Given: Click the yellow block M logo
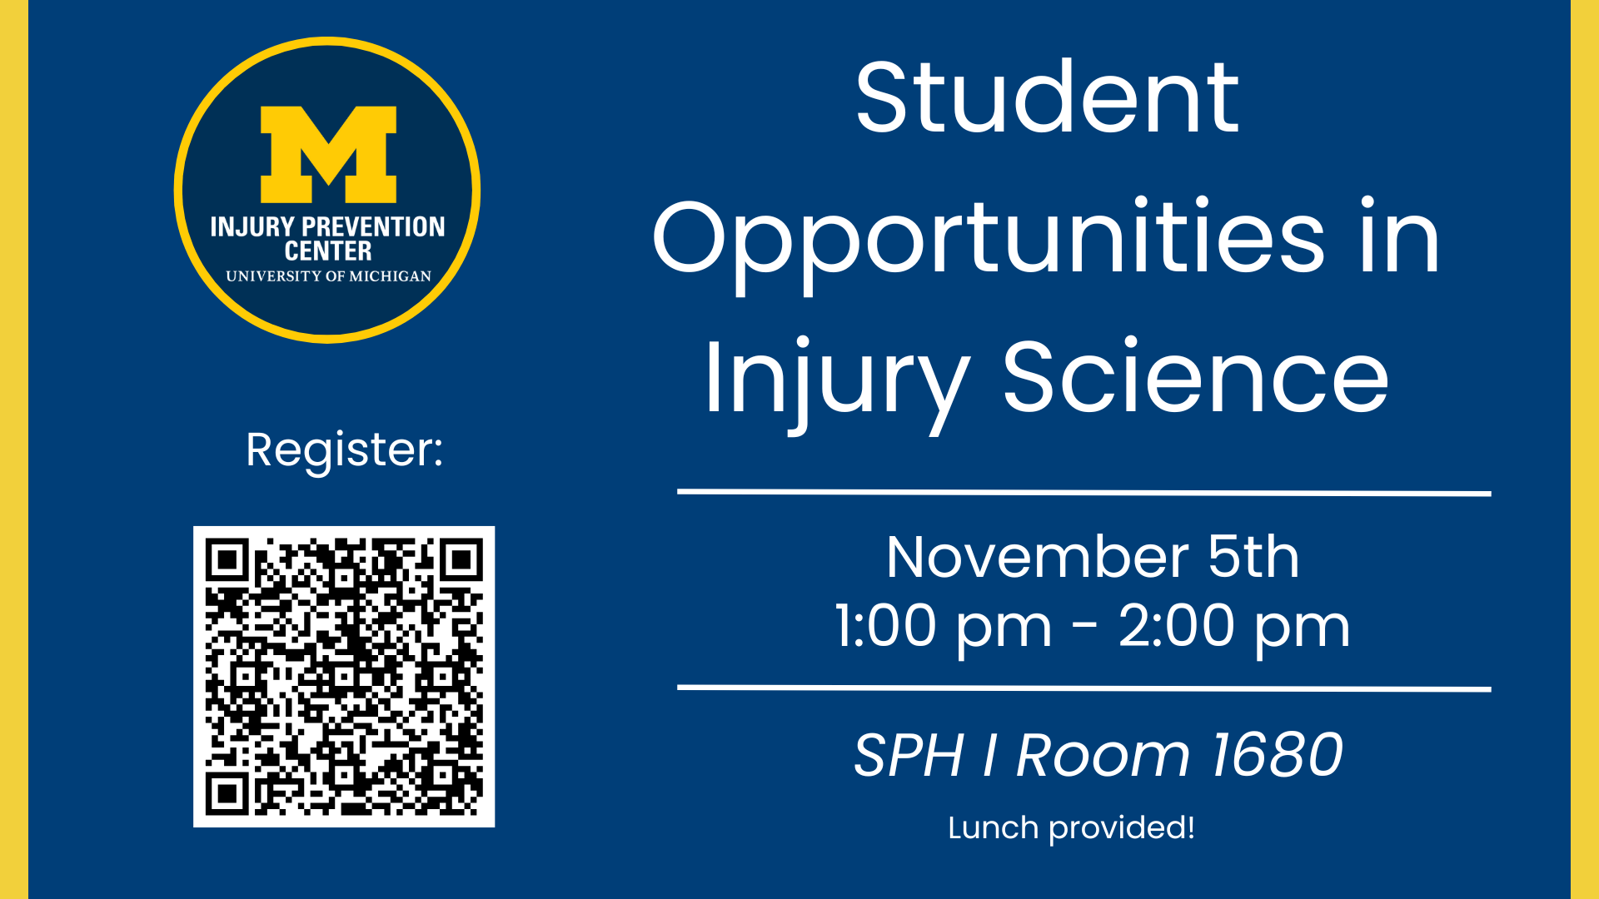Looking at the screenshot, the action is (x=328, y=154).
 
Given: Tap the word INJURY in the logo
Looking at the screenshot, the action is (x=252, y=227).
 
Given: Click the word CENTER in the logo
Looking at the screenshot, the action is (x=328, y=251).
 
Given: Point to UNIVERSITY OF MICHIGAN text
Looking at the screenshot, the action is (x=328, y=276).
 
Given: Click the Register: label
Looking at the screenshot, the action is (x=345, y=450).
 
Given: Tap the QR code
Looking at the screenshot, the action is (x=344, y=677).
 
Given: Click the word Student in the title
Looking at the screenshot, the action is (x=1048, y=97).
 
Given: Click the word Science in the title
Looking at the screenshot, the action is (x=1196, y=376).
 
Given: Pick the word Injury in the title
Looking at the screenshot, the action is (x=837, y=384).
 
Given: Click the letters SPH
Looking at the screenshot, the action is (x=909, y=755).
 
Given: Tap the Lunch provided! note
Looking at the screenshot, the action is (x=1072, y=828).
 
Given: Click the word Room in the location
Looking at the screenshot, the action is (x=1103, y=755).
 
